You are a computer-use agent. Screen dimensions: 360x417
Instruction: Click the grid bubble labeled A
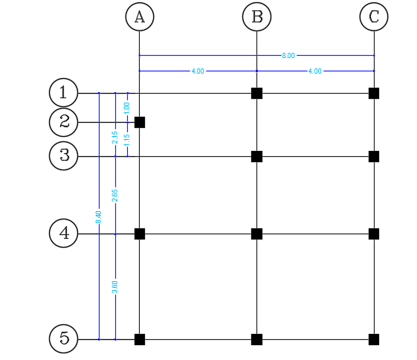pyautogui.click(x=139, y=17)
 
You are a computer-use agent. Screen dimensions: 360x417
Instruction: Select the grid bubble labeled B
pyautogui.click(x=256, y=17)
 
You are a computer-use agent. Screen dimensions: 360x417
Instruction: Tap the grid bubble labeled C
pyautogui.click(x=374, y=17)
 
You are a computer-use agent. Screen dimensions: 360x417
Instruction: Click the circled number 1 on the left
pyautogui.click(x=63, y=93)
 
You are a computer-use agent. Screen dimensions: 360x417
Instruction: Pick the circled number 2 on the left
pyautogui.click(x=63, y=122)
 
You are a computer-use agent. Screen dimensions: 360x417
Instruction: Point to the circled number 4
pyautogui.click(x=63, y=234)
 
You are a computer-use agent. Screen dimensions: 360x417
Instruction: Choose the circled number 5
pyautogui.click(x=63, y=339)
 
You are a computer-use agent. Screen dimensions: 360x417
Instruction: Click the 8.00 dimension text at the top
pyautogui.click(x=288, y=55)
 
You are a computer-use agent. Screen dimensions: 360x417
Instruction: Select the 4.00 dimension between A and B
pyautogui.click(x=198, y=71)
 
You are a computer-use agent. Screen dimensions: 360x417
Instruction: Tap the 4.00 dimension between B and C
pyautogui.click(x=315, y=71)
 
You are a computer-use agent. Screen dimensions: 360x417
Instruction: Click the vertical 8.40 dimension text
pyautogui.click(x=99, y=217)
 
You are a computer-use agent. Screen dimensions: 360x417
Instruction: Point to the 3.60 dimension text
pyautogui.click(x=115, y=286)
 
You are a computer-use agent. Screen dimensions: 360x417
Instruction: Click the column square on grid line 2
pyautogui.click(x=139, y=122)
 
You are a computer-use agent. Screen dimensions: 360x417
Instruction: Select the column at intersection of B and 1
pyautogui.click(x=256, y=93)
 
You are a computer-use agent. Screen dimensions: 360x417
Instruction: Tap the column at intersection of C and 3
pyautogui.click(x=374, y=156)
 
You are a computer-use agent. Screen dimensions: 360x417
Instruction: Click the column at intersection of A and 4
pyautogui.click(x=139, y=234)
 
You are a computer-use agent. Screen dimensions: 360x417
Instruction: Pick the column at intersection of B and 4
pyautogui.click(x=256, y=234)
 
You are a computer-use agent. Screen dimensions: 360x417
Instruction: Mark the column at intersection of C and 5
pyautogui.click(x=374, y=339)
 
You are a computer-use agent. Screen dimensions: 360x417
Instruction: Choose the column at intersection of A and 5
pyautogui.click(x=139, y=339)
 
